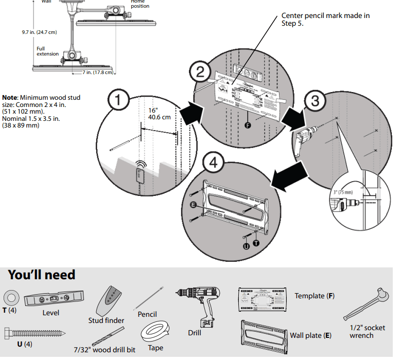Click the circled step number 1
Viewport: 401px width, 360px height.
[x=119, y=101]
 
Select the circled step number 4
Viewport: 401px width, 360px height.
[x=214, y=163]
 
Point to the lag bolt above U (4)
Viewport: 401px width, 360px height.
[x=28, y=332]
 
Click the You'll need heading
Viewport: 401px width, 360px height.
[x=42, y=275]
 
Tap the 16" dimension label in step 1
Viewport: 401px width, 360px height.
[x=152, y=111]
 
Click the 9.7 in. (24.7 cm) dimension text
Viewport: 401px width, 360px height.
[x=39, y=32]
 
